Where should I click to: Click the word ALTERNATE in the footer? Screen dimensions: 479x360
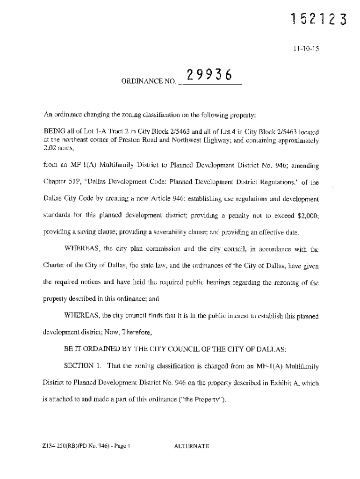pos(191,446)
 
